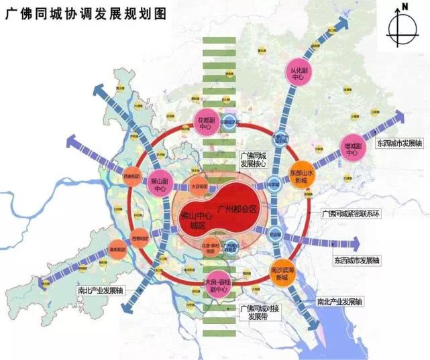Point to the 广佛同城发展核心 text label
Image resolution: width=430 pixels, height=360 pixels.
coord(254,158)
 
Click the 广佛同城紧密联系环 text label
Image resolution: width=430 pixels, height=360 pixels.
coord(354,213)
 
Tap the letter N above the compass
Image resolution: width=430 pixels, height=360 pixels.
coord(405,7)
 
